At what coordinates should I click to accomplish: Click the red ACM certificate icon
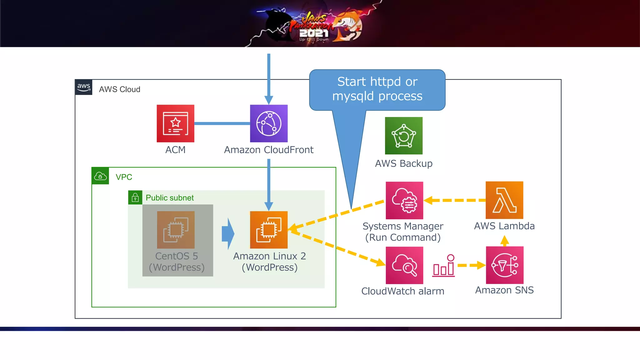click(x=175, y=123)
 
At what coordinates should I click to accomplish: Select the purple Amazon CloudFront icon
click(x=269, y=123)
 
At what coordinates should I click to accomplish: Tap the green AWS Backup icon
click(x=403, y=136)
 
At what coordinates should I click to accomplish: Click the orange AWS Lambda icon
click(x=504, y=200)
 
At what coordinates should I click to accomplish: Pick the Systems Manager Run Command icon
click(x=404, y=200)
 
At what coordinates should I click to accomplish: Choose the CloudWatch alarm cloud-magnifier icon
click(x=404, y=265)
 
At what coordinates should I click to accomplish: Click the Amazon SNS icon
click(x=504, y=265)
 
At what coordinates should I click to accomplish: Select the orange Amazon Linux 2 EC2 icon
click(x=269, y=230)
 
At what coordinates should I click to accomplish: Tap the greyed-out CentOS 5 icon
click(x=176, y=230)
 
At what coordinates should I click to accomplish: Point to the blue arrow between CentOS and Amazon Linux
click(x=228, y=234)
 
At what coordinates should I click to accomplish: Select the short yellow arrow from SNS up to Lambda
click(x=504, y=241)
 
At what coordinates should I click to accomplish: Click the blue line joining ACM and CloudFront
click(x=222, y=123)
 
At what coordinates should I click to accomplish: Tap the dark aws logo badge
click(x=84, y=87)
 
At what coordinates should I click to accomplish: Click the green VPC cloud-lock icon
click(x=100, y=176)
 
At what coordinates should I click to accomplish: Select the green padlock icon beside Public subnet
click(x=135, y=197)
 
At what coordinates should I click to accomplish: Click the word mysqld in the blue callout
click(x=353, y=96)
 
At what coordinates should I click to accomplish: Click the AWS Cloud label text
click(x=119, y=89)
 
